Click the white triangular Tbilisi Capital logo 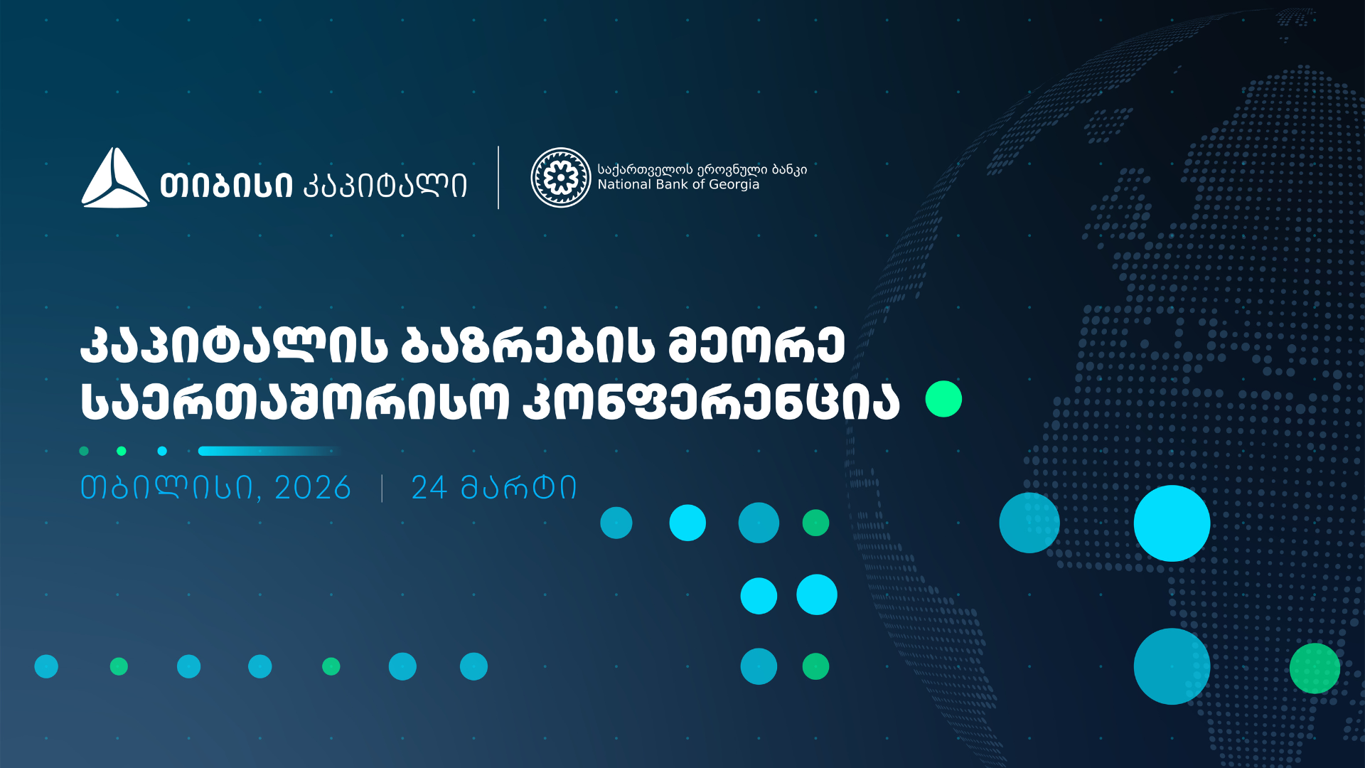(115, 178)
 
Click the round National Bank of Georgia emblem (561, 178)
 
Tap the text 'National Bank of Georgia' (678, 185)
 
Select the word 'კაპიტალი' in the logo (385, 186)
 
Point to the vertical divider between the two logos (498, 178)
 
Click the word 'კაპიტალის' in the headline (234, 346)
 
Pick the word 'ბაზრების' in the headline (528, 346)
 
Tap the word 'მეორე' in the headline (756, 346)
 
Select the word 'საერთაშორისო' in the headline (295, 401)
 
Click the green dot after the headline (943, 399)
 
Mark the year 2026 (313, 488)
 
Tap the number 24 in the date (429, 488)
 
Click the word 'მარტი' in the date (518, 488)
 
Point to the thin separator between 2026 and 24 (382, 489)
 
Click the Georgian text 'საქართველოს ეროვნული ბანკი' (702, 169)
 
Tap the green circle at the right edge (1315, 668)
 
